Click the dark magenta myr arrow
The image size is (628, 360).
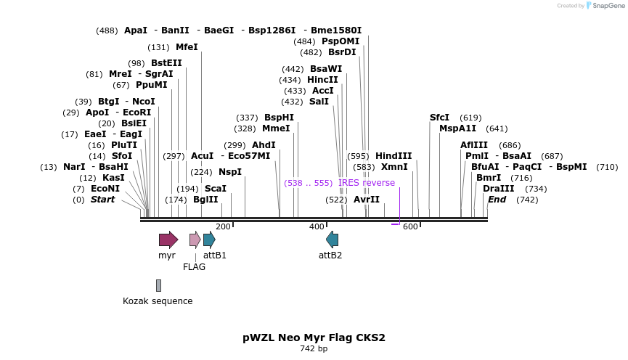click(168, 240)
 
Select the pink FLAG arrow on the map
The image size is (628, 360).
click(195, 240)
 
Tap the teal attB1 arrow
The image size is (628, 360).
click(209, 240)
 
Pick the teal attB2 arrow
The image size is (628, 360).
click(332, 240)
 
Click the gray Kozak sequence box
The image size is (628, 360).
click(158, 285)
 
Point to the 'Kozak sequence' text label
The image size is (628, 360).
click(158, 301)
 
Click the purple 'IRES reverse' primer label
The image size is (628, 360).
click(367, 183)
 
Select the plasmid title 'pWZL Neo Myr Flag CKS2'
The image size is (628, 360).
click(314, 337)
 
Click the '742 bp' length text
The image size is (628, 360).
click(314, 349)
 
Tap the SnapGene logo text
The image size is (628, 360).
click(607, 6)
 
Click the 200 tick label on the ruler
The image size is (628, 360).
click(223, 226)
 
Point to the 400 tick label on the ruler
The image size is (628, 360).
click(317, 226)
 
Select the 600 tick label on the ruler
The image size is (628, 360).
click(410, 226)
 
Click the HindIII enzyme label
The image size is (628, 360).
click(393, 156)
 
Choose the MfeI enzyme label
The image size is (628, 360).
click(187, 47)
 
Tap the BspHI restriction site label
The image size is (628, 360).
click(279, 117)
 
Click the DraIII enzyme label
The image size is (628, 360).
click(498, 189)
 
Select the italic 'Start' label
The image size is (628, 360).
click(102, 200)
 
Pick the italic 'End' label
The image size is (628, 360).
click(497, 200)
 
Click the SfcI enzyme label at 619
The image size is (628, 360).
click(439, 118)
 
